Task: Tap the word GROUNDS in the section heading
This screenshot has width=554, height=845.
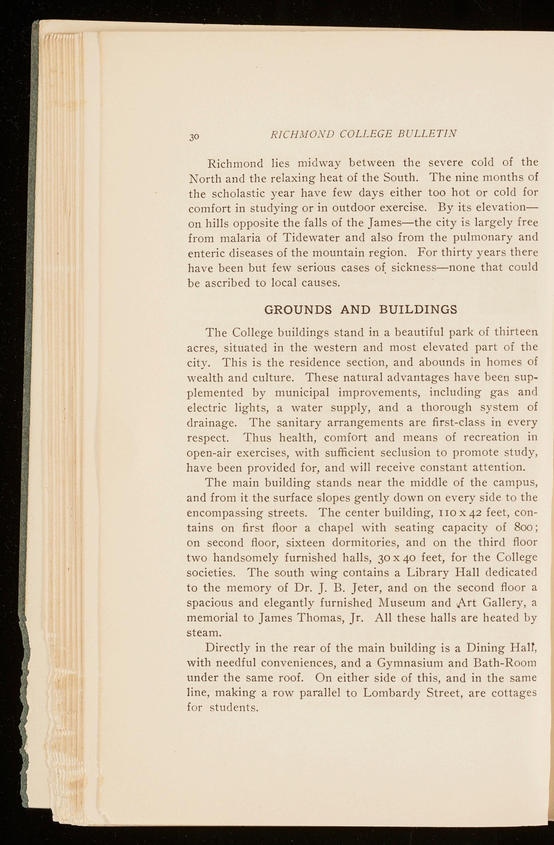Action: click(x=298, y=310)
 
